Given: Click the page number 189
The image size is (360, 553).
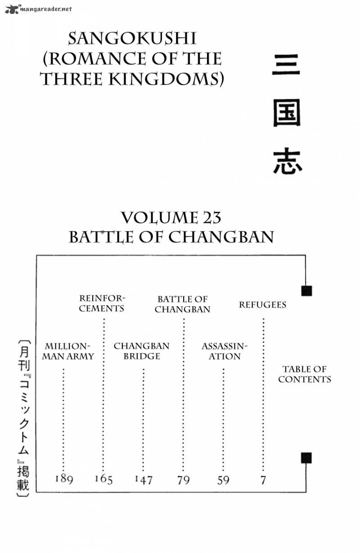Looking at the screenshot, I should (x=64, y=479).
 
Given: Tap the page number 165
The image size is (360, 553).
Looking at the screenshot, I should (x=103, y=479).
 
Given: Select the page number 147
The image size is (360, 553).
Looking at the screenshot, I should (x=144, y=480).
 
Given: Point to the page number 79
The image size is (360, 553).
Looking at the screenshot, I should (x=183, y=480).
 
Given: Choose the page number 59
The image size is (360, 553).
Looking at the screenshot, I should (x=223, y=480).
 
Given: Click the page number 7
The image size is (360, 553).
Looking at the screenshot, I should (x=263, y=480).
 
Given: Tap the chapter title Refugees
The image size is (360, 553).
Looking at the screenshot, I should (x=262, y=305).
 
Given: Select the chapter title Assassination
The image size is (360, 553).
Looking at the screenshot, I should (x=224, y=351).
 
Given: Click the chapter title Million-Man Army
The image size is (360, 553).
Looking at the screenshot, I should (x=69, y=351).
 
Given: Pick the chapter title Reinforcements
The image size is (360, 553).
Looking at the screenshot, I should (x=102, y=304).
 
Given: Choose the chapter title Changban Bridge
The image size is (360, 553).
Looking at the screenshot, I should (x=141, y=351).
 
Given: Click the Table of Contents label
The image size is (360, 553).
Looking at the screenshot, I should (x=304, y=374).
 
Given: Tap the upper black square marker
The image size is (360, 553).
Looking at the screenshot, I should (x=306, y=290).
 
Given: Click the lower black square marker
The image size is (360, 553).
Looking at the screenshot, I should (x=306, y=458).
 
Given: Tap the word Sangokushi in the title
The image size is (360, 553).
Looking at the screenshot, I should (x=132, y=39).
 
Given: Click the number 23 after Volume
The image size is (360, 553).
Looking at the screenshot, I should (x=209, y=218).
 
